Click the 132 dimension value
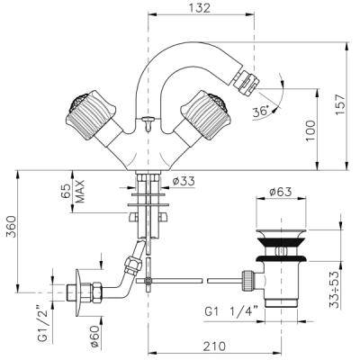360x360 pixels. point(200,8)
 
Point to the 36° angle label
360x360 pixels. point(260,112)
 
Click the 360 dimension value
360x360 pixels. point(12,227)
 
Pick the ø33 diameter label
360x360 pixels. point(184,181)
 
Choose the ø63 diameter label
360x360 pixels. point(281,192)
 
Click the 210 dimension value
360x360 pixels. point(214,346)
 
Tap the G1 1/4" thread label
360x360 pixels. point(231,311)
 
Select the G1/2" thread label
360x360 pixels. point(43,324)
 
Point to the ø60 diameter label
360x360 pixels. point(94,336)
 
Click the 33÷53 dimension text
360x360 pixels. point(334,289)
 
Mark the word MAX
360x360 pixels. point(80,192)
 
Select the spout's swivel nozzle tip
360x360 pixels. point(247,81)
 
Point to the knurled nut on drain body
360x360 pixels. point(247,281)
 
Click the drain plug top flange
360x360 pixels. point(281,233)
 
